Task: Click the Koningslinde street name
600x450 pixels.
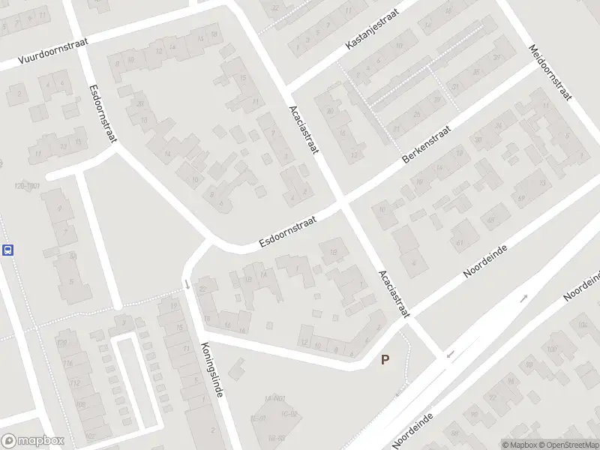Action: point(211,369)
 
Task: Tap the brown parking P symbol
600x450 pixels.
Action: point(385,360)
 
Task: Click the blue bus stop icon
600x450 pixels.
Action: point(8,250)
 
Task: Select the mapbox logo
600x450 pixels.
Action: point(33,440)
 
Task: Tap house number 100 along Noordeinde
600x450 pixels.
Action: point(553,349)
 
